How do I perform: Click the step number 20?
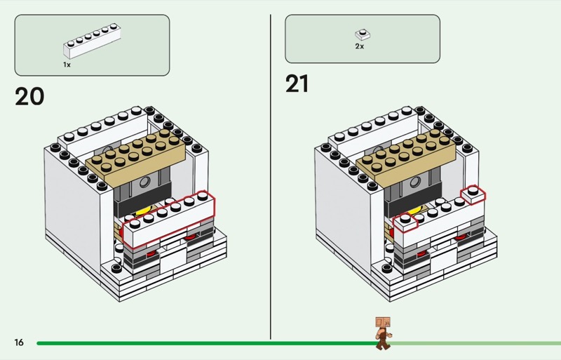pos(29,96)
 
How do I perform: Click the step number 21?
pos(297,84)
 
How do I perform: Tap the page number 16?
pos(19,342)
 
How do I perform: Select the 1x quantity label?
pos(67,65)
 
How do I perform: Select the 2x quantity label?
pos(360,46)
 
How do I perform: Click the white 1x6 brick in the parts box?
pos(93,41)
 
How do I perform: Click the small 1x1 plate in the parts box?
pos(363,35)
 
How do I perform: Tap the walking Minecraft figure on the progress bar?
pos(383,333)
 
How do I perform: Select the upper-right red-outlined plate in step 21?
pos(473,195)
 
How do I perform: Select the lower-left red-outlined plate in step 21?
pos(405,222)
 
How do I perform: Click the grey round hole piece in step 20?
pos(144,182)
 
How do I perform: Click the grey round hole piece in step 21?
pos(415,182)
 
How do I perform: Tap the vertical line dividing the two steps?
pos(271,177)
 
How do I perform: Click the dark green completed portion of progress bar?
pos(208,343)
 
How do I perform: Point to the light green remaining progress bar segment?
pos(476,344)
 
